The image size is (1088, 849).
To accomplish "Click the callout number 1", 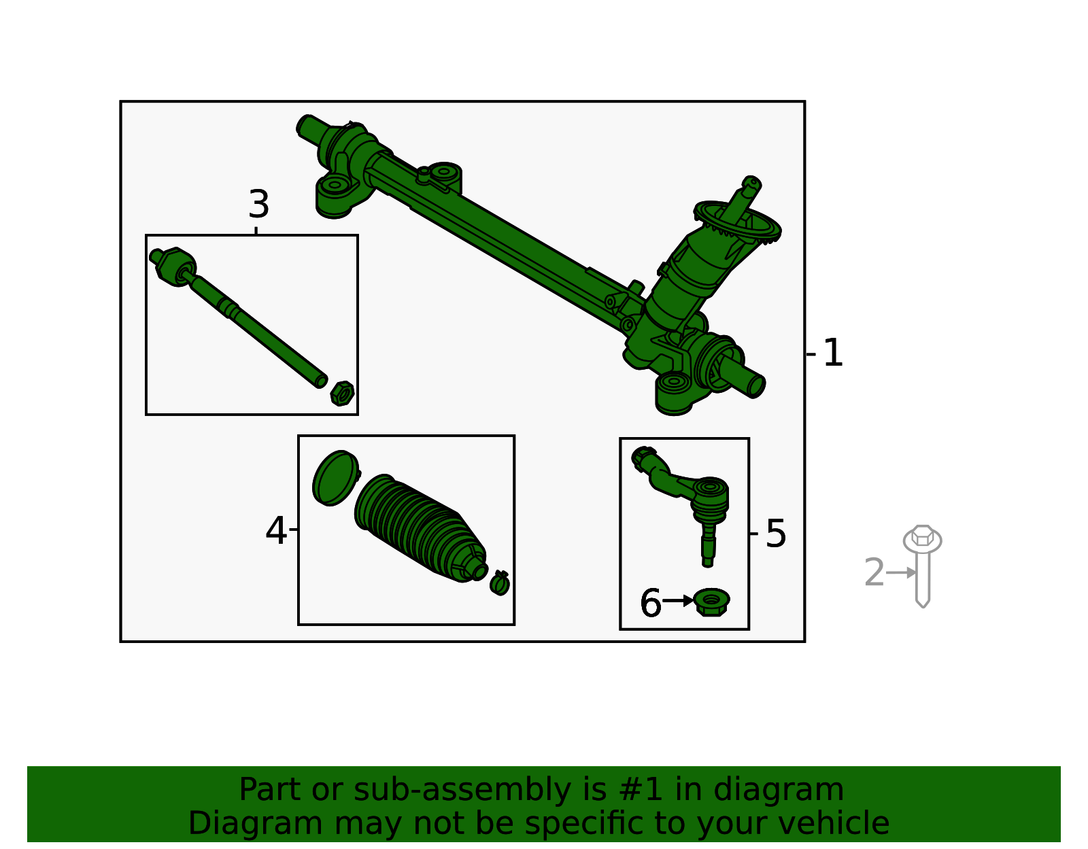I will [x=832, y=353].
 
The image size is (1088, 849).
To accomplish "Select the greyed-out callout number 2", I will [x=874, y=573].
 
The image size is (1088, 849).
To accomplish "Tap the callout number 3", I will [x=258, y=205].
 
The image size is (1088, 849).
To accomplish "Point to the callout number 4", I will [x=275, y=531].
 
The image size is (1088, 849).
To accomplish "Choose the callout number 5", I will [x=775, y=534].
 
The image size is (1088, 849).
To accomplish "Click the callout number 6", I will [x=650, y=603].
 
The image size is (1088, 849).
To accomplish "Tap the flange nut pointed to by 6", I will [x=711, y=602].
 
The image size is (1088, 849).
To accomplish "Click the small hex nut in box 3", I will [x=342, y=393].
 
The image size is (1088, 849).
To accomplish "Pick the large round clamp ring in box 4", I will [x=335, y=478].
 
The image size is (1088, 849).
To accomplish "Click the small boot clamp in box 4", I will [x=500, y=583].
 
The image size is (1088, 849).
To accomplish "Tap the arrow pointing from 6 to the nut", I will [x=678, y=601].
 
